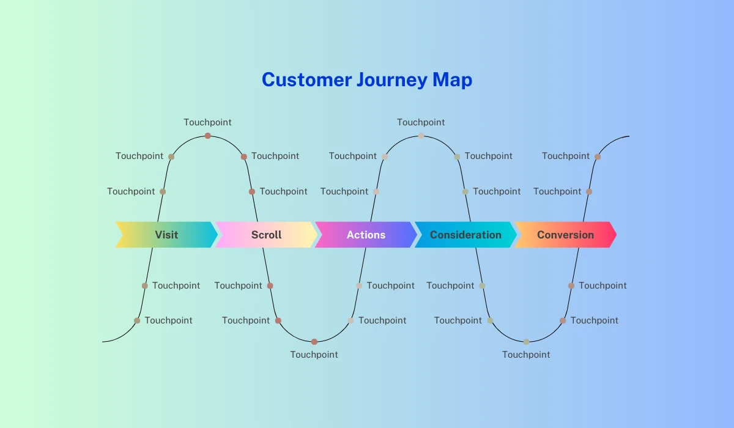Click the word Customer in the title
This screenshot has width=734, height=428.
(x=306, y=79)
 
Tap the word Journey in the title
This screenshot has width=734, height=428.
(x=392, y=80)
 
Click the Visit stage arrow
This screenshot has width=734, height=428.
(x=166, y=234)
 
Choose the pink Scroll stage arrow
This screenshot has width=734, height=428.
(x=266, y=234)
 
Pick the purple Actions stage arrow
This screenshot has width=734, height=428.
(x=366, y=234)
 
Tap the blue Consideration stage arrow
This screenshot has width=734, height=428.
(x=465, y=234)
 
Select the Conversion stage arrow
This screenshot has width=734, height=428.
(x=566, y=234)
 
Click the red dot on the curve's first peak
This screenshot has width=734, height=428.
(x=208, y=136)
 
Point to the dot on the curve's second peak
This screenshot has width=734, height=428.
(x=421, y=136)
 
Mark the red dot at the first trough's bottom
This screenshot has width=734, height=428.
(x=314, y=342)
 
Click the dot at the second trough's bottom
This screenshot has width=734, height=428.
(x=526, y=342)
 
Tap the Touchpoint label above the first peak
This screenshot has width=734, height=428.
(x=207, y=122)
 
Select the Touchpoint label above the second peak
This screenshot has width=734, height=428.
(x=421, y=122)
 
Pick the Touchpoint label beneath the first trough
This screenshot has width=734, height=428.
(x=314, y=354)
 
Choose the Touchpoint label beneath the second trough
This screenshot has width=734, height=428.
(x=526, y=354)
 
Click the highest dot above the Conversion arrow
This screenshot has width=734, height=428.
(x=598, y=157)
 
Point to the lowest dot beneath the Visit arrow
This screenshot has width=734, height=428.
(x=137, y=320)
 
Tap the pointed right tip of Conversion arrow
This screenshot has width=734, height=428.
(x=617, y=234)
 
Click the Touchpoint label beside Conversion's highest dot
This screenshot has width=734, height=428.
(x=566, y=156)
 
